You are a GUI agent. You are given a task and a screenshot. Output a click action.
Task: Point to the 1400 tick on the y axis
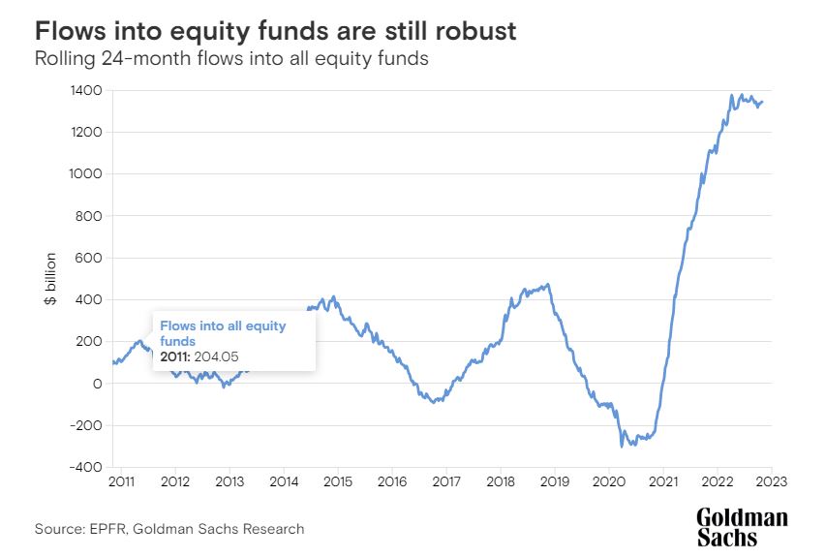tap(87, 90)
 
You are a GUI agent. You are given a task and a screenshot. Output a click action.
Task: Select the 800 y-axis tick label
tap(90, 216)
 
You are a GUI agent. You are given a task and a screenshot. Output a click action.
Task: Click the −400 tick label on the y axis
tap(85, 467)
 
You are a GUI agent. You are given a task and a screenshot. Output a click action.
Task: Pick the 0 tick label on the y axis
tap(98, 384)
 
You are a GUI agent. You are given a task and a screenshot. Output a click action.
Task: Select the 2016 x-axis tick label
tap(391, 482)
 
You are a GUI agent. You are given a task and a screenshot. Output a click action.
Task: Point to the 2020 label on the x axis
tap(608, 482)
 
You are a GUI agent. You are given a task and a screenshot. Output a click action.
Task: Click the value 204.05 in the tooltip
tap(220, 357)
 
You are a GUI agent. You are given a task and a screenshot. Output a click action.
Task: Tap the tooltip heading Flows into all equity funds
tap(223, 333)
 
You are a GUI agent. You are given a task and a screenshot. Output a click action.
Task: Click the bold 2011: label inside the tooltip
tap(176, 357)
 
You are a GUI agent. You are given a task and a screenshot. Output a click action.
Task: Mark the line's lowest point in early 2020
tap(621, 447)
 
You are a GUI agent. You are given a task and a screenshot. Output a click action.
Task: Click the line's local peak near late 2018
tap(548, 285)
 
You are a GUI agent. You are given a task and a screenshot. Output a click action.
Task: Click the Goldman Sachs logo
tap(742, 529)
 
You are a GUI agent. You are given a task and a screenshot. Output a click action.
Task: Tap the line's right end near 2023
tap(762, 102)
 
